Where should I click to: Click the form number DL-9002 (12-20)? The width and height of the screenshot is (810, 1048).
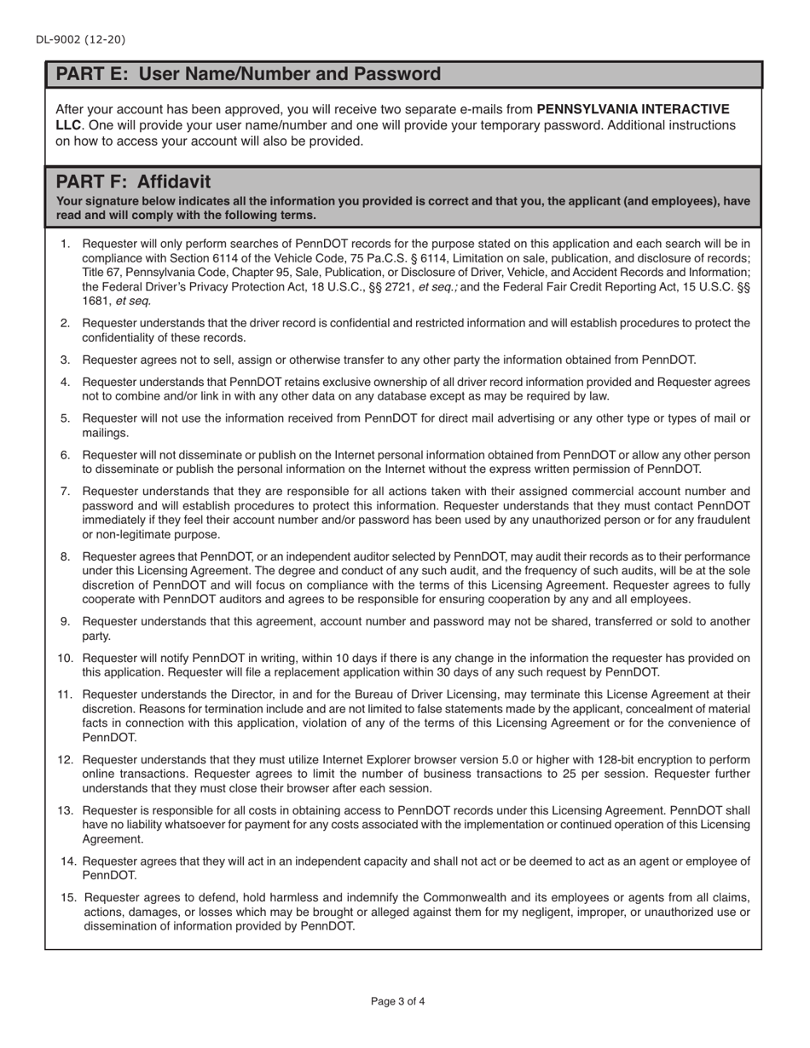(x=81, y=39)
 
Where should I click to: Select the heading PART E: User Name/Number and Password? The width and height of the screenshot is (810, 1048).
(x=248, y=74)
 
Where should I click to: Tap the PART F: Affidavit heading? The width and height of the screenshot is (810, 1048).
(x=133, y=181)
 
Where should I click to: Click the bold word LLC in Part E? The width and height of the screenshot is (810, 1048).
(x=68, y=125)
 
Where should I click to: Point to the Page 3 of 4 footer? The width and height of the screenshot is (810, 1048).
(x=397, y=1001)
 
